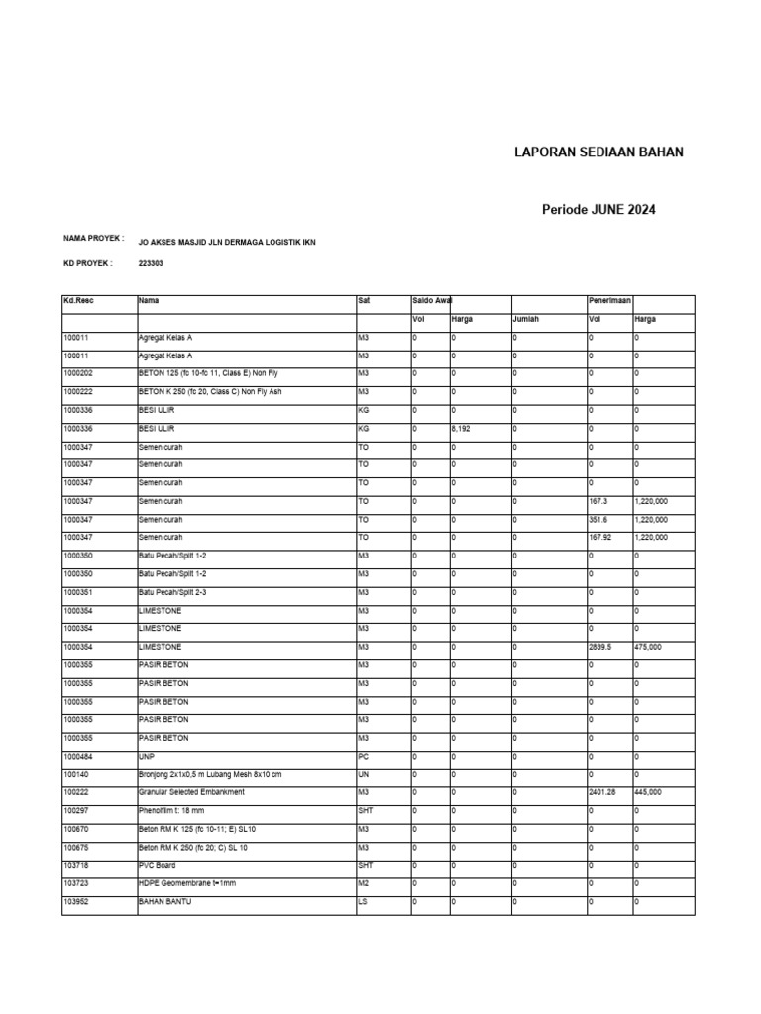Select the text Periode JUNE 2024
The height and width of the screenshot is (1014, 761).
click(598, 210)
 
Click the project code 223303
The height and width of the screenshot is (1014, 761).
click(153, 264)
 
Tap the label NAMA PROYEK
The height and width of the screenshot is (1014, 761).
click(92, 239)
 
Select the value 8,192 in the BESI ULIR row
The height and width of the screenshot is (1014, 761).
click(461, 429)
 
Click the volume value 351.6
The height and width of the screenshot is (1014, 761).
click(598, 519)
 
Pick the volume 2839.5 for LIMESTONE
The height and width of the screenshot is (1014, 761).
click(600, 647)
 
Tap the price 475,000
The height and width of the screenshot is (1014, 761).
click(650, 647)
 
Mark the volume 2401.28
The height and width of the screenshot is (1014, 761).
click(602, 792)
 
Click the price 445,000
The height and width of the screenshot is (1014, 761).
click(650, 792)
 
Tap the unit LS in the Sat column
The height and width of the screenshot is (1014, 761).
click(362, 901)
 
